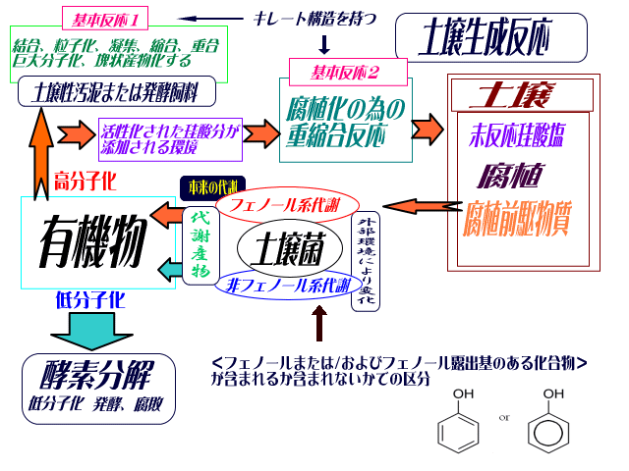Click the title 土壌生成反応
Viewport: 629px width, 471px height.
[490, 39]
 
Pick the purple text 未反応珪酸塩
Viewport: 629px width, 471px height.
[517, 136]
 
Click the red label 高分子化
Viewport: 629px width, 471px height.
[86, 181]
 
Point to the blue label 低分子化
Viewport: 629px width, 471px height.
[92, 299]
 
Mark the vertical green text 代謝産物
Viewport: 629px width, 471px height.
[200, 243]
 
